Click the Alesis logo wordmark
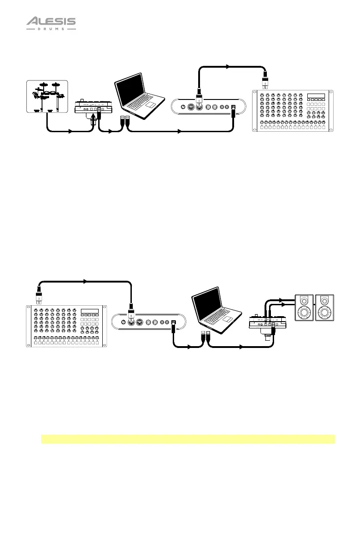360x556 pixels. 50,21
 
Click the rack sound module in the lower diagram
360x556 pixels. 66,326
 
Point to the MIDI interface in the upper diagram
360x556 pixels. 208,108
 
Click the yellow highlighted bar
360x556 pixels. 188,439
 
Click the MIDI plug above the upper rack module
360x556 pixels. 265,82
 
